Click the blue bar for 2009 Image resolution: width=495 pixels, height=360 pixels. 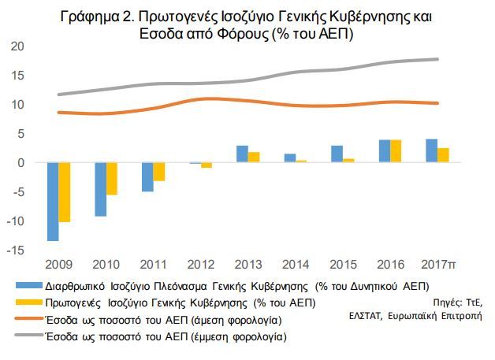53,202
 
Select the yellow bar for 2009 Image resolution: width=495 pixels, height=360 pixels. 65,192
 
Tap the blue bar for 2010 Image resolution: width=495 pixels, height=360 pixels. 100,189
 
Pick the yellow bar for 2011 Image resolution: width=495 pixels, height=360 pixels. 159,172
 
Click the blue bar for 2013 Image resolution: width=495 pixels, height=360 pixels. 243,154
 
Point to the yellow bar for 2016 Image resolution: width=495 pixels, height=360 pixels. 396,151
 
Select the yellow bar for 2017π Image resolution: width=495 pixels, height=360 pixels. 443,155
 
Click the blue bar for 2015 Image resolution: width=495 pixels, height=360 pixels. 337,154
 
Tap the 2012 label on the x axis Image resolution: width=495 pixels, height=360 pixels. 201,265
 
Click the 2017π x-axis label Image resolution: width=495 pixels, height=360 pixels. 438,265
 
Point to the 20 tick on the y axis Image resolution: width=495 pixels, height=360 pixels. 17,46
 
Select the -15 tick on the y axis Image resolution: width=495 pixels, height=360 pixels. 16,251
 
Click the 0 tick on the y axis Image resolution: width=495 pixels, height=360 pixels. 20,163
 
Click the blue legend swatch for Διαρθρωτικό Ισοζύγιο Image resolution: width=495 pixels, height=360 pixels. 28,285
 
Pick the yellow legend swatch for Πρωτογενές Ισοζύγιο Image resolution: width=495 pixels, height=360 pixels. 28,302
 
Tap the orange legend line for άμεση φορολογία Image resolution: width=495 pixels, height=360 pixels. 28,319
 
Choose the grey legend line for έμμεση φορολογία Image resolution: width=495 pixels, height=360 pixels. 28,335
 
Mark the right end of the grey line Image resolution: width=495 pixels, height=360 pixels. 437,59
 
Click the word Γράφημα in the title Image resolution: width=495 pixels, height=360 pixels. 89,17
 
